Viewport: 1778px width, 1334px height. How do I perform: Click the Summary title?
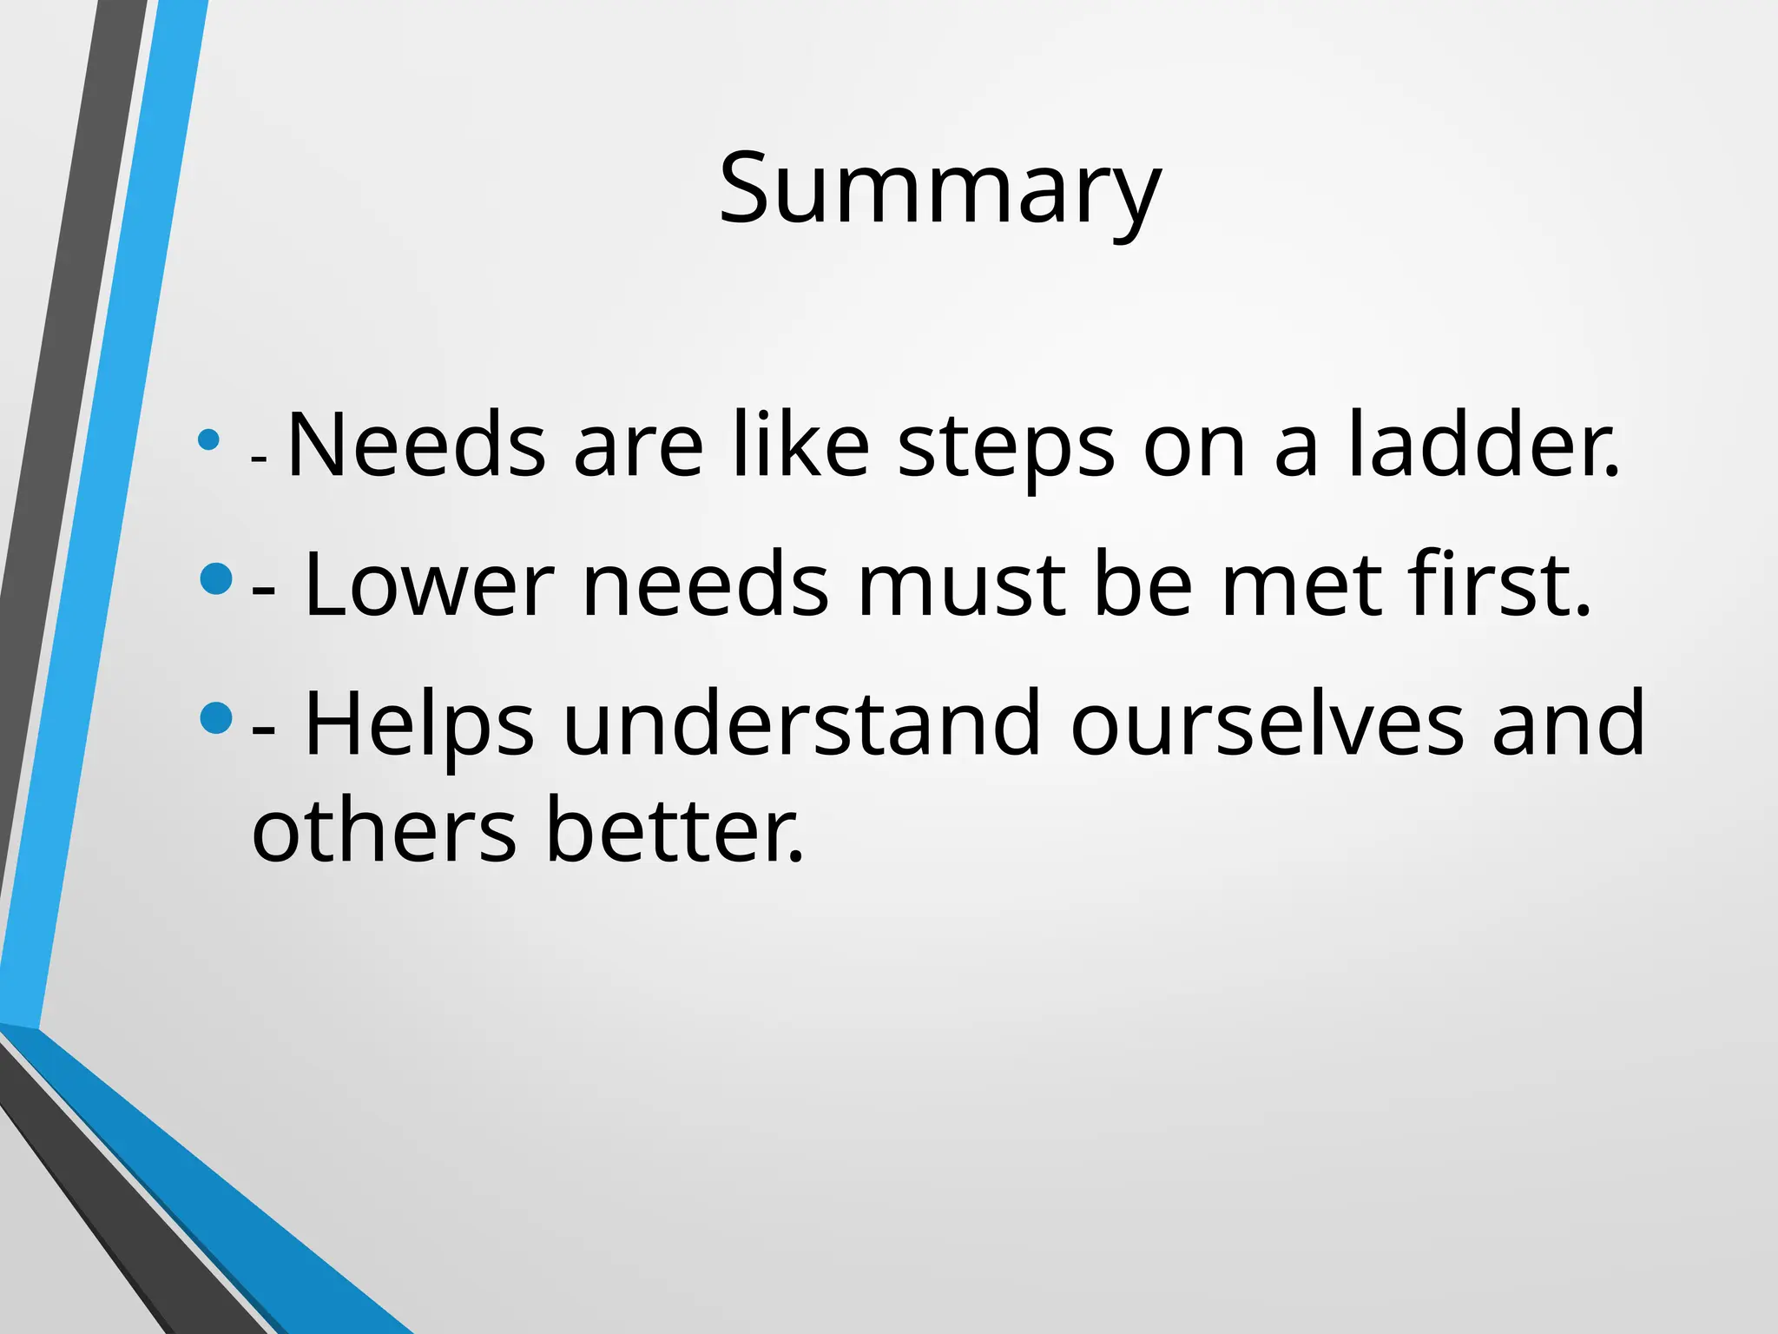939,189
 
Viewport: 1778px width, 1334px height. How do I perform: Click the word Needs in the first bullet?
416,445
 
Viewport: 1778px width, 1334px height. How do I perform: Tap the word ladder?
1483,445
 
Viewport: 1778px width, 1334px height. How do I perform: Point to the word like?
800,445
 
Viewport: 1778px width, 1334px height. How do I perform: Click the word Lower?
429,585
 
